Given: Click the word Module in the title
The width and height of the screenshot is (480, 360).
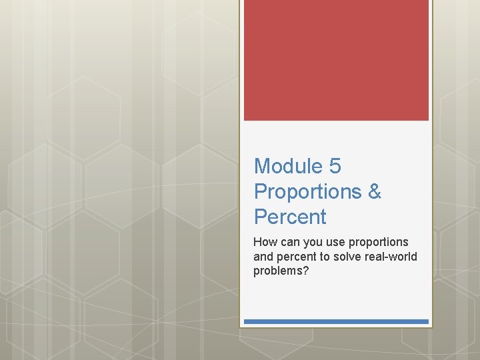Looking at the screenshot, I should (287, 166).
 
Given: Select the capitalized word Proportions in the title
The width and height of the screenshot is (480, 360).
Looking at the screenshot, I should (307, 192).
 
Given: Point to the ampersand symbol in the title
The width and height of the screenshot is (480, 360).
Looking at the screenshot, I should (374, 191).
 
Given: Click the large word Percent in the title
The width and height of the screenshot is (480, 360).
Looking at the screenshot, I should (290, 217).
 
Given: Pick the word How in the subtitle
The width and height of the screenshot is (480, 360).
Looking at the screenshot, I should (264, 241).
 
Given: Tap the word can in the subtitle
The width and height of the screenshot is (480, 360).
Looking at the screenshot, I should (289, 241).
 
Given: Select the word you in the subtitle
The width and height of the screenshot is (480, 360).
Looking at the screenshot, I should (312, 242).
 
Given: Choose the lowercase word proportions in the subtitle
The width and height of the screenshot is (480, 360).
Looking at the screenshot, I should (378, 242).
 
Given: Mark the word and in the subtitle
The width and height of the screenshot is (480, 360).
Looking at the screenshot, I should (263, 257).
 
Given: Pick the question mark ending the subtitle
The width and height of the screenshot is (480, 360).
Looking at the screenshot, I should (305, 271).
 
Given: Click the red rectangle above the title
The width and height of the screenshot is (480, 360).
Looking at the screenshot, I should (336, 60).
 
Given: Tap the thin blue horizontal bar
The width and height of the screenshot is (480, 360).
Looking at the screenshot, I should (336, 321).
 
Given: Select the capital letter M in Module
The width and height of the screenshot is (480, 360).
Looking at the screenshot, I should (262, 166).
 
